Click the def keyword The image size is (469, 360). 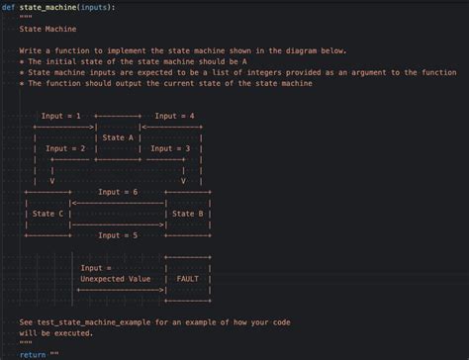tap(8, 7)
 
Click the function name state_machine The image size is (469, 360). tap(48, 7)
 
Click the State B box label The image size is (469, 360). tap(188, 213)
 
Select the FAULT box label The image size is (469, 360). tap(188, 279)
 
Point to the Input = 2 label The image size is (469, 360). tap(66, 148)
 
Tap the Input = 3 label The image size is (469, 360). tap(170, 148)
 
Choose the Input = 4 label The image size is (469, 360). tap(174, 116)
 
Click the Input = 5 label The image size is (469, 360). tap(118, 235)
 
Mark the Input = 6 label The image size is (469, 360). tap(118, 192)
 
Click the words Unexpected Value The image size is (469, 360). tap(116, 279)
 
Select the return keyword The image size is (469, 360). tap(32, 353)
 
